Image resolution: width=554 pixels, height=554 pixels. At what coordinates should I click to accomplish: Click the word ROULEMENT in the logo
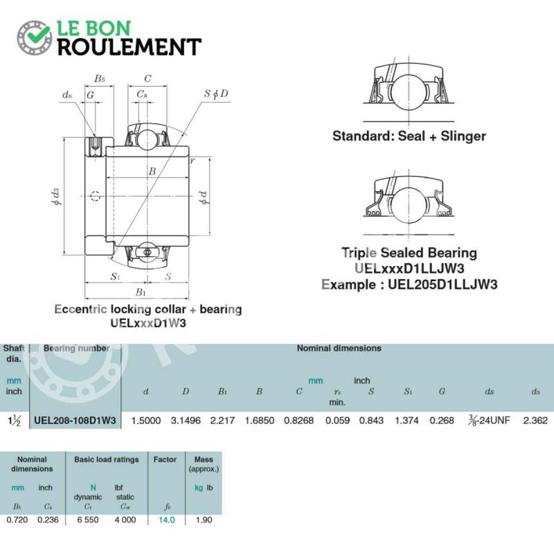(x=129, y=47)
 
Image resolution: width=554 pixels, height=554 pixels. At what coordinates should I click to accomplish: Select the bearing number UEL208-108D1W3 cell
(x=75, y=420)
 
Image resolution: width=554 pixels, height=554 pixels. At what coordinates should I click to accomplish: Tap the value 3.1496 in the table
(x=186, y=420)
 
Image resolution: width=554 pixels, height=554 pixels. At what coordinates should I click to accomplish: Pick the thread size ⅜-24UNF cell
(x=489, y=420)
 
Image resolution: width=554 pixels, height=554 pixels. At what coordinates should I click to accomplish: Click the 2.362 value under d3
(x=535, y=420)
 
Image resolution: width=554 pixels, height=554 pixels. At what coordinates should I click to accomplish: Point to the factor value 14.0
(x=166, y=520)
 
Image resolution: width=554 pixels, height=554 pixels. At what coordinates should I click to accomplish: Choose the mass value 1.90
(x=204, y=520)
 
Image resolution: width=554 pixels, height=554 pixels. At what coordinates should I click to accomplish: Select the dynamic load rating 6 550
(x=88, y=520)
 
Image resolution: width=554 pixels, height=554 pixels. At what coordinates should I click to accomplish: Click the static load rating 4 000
(x=125, y=520)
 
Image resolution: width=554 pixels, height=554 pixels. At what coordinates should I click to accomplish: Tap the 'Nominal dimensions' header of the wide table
(x=339, y=348)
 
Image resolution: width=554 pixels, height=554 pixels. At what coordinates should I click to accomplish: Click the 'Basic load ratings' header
(x=107, y=460)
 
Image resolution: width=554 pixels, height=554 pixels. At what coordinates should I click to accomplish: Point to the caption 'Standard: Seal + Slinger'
(x=409, y=136)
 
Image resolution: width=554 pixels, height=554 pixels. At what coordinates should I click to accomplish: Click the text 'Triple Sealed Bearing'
(x=409, y=253)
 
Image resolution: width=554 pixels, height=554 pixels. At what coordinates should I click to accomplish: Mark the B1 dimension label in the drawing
(x=141, y=292)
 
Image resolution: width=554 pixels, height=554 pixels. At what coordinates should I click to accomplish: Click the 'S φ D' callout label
(x=216, y=93)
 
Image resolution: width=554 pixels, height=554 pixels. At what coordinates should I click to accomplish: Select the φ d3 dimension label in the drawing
(x=56, y=197)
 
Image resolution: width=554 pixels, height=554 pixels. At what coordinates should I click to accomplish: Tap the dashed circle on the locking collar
(x=96, y=196)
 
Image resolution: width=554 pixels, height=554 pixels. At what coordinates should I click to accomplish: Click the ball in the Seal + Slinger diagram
(x=409, y=91)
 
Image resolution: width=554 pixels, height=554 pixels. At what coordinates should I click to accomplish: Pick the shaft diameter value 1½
(x=14, y=420)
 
